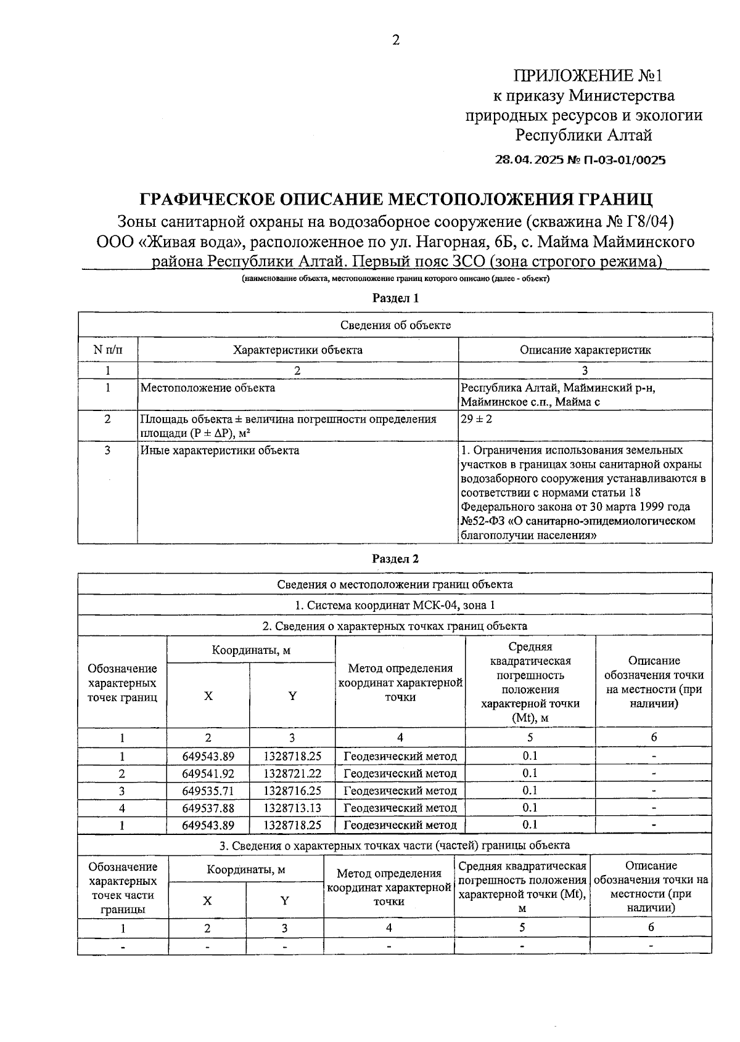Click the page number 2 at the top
click(x=395, y=40)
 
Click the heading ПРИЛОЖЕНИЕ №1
click(x=587, y=76)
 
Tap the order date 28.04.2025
click(x=529, y=160)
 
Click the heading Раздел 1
click(x=395, y=298)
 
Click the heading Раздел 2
click(x=395, y=559)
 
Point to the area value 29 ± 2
click(x=476, y=419)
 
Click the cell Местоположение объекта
click(x=208, y=388)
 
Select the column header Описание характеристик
click(x=585, y=350)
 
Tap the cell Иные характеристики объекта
click(x=220, y=450)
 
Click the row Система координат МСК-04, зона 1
click(x=395, y=605)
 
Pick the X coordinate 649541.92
click(x=208, y=773)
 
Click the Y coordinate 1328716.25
click(x=292, y=791)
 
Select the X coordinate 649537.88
click(x=208, y=808)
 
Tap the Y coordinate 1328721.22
click(x=292, y=773)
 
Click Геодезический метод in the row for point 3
click(x=400, y=791)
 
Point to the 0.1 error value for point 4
click(x=530, y=808)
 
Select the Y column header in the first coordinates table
click(x=292, y=696)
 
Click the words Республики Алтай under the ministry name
click(x=583, y=134)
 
